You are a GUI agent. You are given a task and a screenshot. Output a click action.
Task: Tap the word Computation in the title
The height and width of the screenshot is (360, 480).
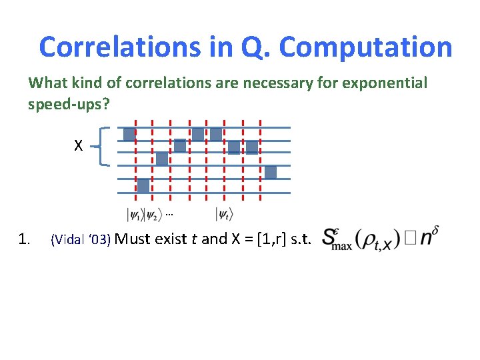[365, 47]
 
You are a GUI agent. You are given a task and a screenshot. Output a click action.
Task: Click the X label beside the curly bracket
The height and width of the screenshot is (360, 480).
[78, 145]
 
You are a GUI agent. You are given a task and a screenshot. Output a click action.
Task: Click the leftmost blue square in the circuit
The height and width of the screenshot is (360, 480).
[129, 135]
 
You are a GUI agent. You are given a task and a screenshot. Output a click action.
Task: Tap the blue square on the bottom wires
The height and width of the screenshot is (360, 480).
[143, 185]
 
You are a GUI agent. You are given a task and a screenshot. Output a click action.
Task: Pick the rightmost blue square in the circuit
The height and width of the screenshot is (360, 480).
[270, 172]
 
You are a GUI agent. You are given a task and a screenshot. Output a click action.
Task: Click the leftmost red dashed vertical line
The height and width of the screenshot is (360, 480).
[135, 160]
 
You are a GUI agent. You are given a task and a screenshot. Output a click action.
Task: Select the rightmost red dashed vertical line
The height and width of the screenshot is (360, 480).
[260, 160]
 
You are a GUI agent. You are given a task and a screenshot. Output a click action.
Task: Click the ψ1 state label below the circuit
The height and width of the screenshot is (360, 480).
[136, 215]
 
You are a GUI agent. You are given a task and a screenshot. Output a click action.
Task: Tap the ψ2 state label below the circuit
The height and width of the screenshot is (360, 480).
[153, 215]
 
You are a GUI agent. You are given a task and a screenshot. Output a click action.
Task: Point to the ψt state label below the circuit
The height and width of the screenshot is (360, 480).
[224, 215]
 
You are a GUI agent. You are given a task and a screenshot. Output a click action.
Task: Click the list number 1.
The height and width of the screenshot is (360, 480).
[25, 239]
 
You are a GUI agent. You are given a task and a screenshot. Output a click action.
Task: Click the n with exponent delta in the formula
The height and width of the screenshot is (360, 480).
[430, 237]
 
